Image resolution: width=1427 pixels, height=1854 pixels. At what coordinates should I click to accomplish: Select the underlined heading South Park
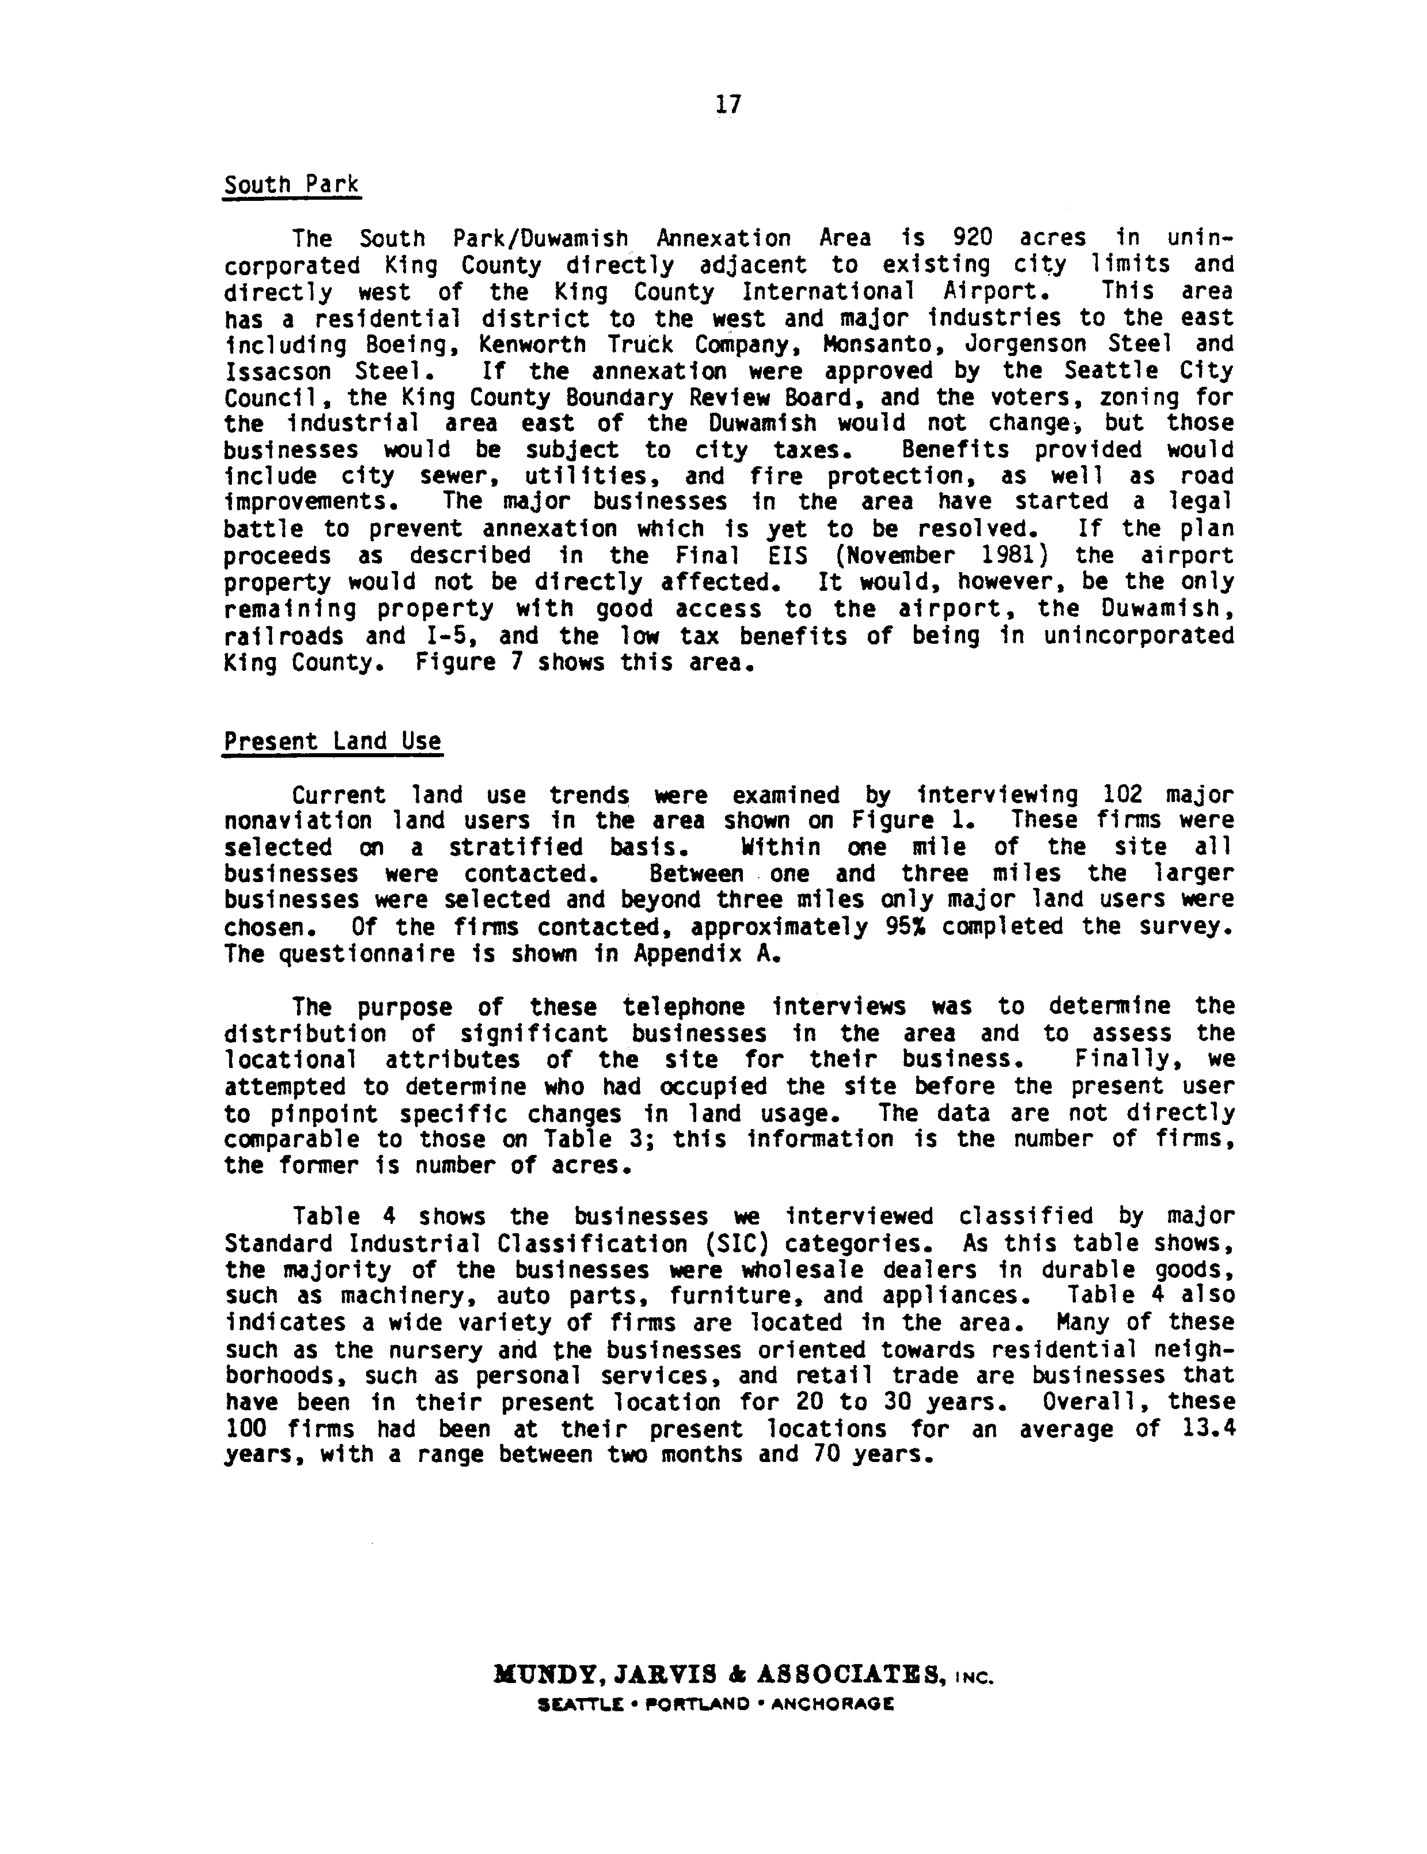(x=291, y=184)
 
